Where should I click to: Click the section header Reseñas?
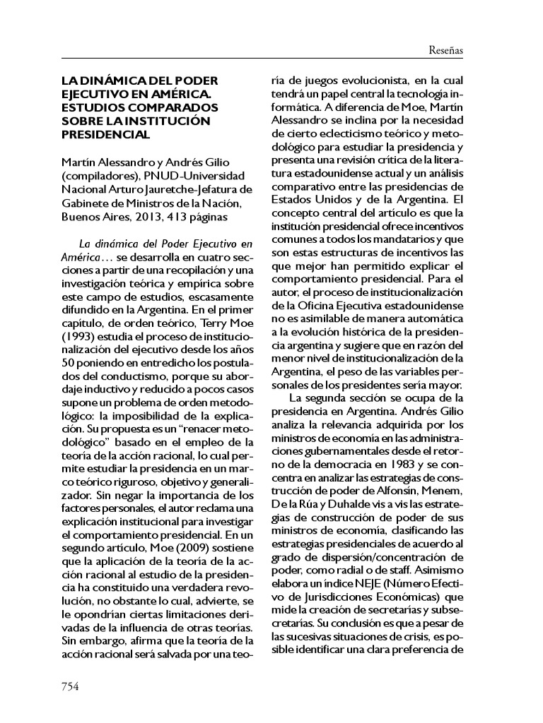point(445,50)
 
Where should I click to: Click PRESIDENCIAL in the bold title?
point(105,134)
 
